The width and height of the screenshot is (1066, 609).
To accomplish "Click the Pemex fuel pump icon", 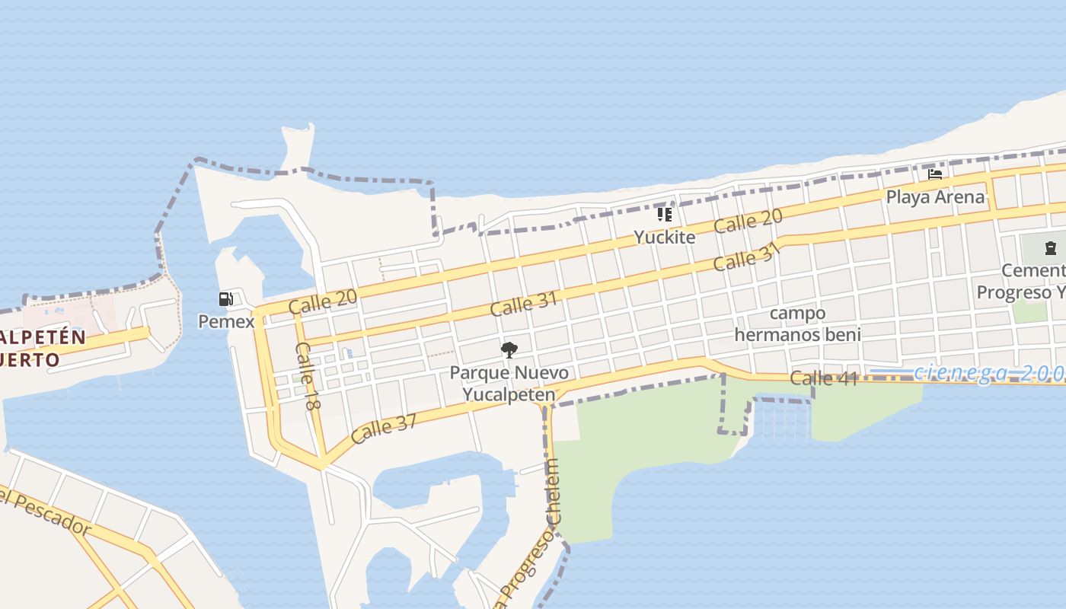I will (225, 299).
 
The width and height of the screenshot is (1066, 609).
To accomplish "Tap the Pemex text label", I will (226, 321).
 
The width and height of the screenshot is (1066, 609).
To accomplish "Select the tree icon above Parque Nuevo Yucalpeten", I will (509, 350).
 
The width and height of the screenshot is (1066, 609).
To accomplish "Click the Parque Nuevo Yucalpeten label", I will (509, 384).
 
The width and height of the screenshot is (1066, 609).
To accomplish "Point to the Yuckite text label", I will (665, 237).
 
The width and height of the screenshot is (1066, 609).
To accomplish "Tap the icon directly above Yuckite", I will (665, 215).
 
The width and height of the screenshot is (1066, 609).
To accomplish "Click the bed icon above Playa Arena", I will (935, 174).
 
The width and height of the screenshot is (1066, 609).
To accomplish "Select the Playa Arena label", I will (935, 197).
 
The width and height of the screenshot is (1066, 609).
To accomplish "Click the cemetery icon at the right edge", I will (1051, 247).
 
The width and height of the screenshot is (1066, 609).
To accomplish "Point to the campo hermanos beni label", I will (797, 324).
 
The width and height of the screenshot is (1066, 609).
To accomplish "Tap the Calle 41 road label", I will (824, 378).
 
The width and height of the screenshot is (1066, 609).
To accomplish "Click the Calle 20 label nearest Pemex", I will (323, 301).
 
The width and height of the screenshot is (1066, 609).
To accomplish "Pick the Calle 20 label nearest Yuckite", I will (748, 222).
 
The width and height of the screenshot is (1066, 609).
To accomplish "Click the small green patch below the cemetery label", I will (1029, 311).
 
